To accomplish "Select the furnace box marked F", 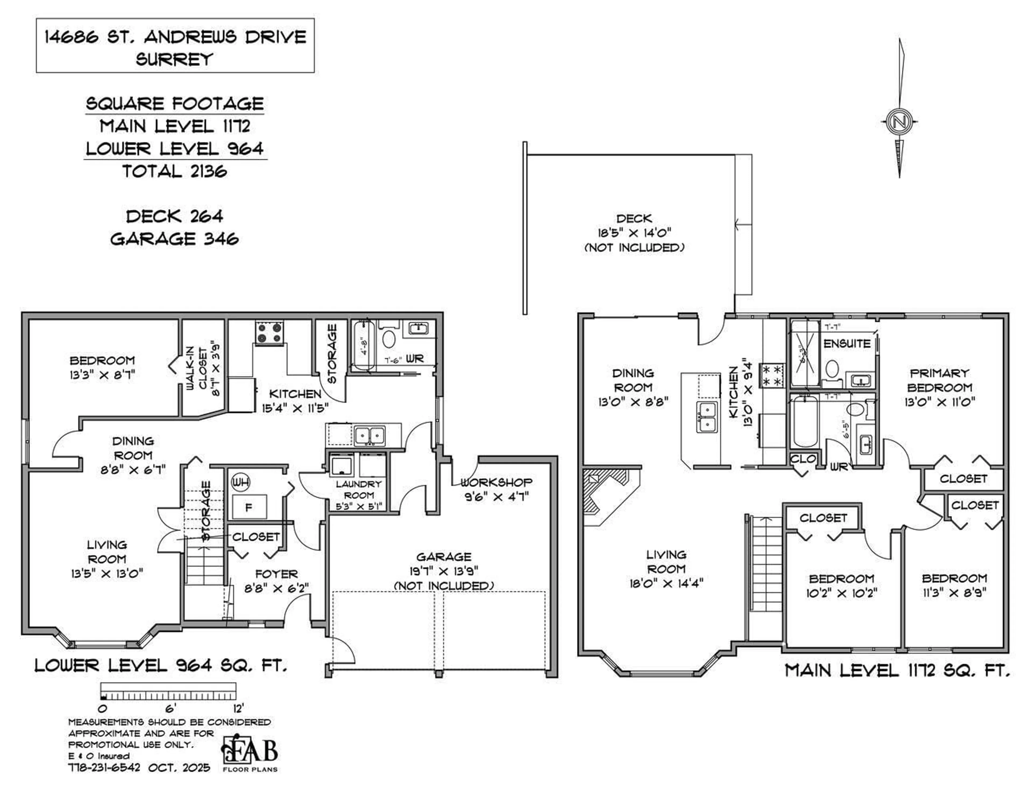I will [249, 507].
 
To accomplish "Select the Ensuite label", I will [847, 344].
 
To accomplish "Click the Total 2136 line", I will [175, 171].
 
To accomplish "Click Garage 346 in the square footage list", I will [175, 239].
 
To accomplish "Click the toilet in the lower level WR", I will [389, 339].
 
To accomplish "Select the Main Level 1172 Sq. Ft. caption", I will [897, 670].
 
